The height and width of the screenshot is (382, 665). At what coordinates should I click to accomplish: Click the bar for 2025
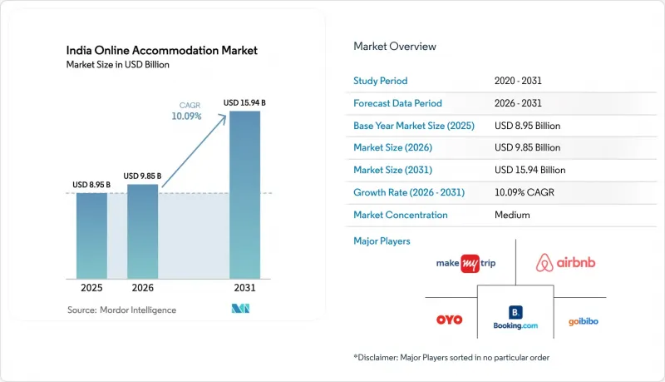91,236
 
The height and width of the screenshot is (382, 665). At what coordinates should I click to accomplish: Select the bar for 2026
142,231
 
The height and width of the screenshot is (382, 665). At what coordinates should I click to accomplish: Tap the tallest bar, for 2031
244,196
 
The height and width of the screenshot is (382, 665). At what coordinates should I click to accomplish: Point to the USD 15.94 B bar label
244,102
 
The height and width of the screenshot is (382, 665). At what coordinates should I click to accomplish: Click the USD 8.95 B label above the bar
91,185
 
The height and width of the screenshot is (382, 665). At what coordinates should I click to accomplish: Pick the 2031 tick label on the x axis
244,288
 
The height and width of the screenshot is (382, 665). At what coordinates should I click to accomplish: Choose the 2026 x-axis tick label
142,288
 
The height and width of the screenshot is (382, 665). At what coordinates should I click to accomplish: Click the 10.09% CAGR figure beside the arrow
186,116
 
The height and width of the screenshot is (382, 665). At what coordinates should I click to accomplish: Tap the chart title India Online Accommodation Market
161,51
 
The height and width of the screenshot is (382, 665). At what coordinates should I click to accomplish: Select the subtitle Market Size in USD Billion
117,65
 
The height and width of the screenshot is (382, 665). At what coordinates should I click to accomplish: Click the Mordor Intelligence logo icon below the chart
240,309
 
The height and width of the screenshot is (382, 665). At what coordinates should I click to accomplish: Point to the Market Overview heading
395,47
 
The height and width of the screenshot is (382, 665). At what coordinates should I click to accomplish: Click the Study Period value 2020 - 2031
518,81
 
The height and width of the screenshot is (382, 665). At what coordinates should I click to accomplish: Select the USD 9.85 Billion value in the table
527,147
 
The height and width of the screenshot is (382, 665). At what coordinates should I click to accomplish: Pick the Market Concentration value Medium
512,215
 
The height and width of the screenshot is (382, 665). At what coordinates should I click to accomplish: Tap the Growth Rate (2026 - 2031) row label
409,192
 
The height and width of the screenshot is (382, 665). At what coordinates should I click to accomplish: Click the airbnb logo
565,263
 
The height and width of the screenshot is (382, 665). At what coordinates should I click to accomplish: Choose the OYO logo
449,320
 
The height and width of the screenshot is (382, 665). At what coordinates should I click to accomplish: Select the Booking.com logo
515,317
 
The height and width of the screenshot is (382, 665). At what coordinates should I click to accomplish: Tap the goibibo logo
584,321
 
